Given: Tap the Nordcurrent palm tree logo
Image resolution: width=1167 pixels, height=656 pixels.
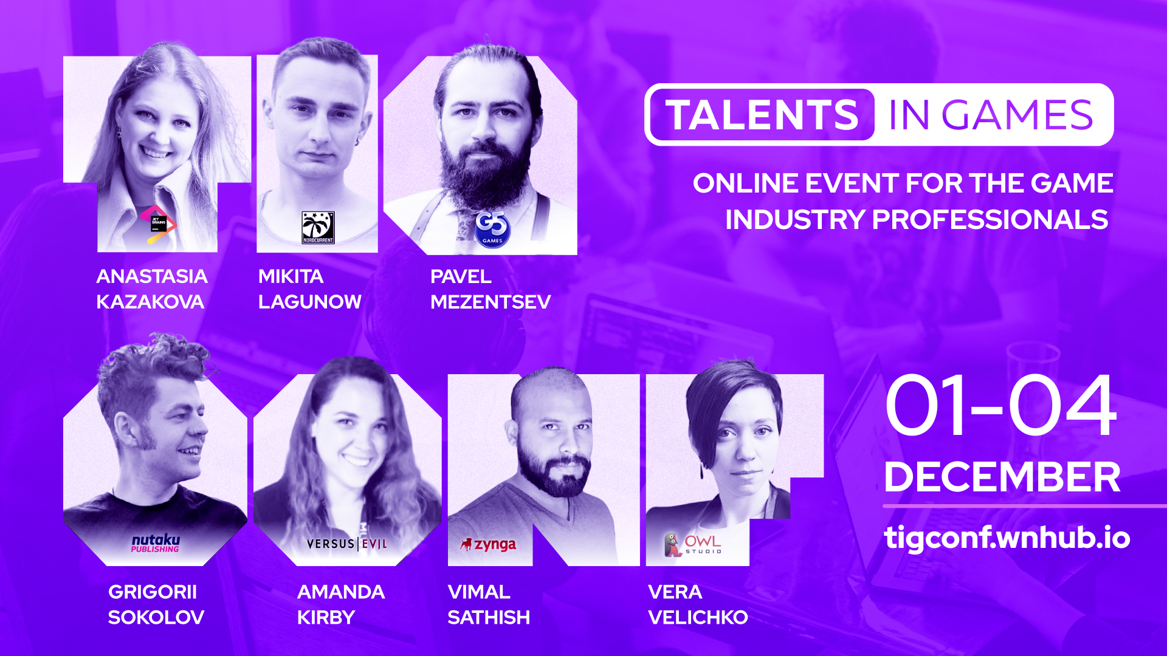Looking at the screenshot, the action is (318, 228).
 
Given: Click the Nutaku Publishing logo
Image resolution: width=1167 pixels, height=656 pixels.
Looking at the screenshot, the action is (156, 544).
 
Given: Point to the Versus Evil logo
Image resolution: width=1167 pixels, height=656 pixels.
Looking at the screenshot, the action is (347, 544).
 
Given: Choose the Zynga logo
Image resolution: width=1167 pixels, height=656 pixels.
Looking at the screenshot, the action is (489, 545).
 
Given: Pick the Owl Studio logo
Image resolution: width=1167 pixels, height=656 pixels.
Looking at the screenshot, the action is (692, 545).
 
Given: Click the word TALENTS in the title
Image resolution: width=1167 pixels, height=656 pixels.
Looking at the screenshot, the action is (762, 115).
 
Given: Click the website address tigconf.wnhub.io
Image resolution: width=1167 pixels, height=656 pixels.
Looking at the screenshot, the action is (1007, 538).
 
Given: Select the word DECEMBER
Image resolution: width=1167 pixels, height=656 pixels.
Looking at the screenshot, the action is (1002, 477).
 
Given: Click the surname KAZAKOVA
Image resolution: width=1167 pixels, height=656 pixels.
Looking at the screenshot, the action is (150, 302).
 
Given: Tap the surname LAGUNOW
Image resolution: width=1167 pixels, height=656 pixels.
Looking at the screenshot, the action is (310, 302).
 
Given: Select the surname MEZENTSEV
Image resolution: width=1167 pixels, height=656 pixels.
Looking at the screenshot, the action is (491, 302).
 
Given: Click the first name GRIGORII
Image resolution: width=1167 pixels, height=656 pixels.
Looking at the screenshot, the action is (153, 592).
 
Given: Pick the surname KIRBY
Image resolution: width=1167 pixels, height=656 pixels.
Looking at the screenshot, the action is (326, 618).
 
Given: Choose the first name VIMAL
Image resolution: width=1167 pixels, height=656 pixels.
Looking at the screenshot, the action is (479, 592).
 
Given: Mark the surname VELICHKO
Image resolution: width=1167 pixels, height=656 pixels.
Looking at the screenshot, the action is (698, 618).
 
